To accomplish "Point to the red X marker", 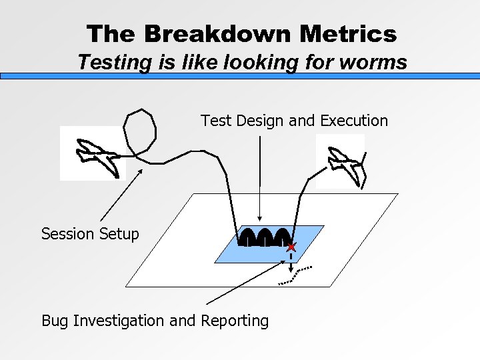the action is (x=291, y=247).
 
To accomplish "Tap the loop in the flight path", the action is (x=140, y=131).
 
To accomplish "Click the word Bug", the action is (x=55, y=321).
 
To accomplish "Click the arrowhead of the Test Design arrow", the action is (x=260, y=221).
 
